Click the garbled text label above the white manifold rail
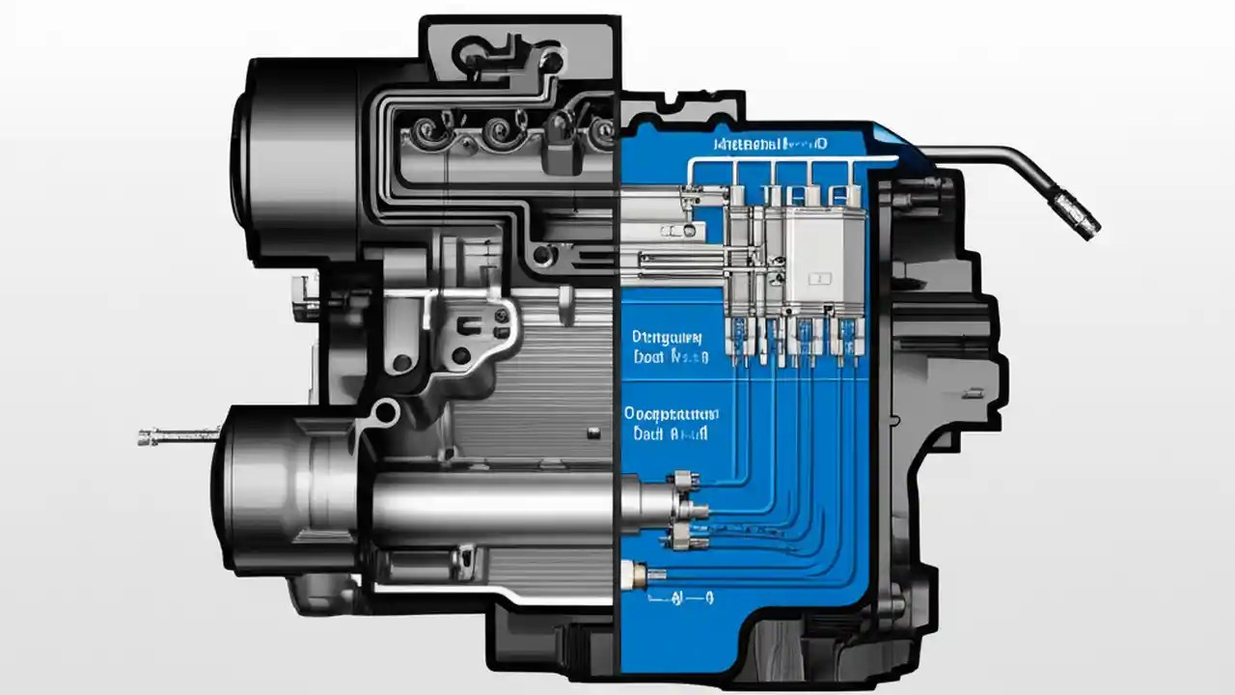click(770, 145)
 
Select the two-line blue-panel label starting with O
click(672, 423)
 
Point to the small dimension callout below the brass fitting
click(680, 598)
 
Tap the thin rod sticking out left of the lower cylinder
click(178, 437)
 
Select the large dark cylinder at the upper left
click(289, 154)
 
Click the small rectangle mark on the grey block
click(819, 278)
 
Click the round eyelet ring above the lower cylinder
click(387, 413)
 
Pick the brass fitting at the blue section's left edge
click(637, 575)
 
